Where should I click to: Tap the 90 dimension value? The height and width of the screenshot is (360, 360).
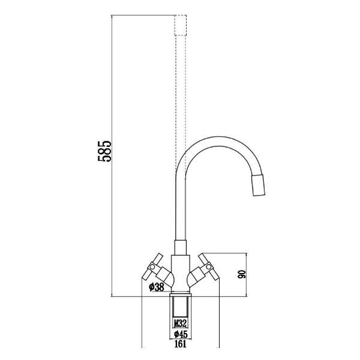click(243, 275)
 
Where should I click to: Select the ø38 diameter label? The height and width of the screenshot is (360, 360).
click(156, 287)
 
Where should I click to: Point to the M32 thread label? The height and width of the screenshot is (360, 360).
click(179, 323)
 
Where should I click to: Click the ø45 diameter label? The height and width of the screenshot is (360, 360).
click(179, 334)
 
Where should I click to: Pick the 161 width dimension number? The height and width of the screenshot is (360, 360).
click(179, 344)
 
